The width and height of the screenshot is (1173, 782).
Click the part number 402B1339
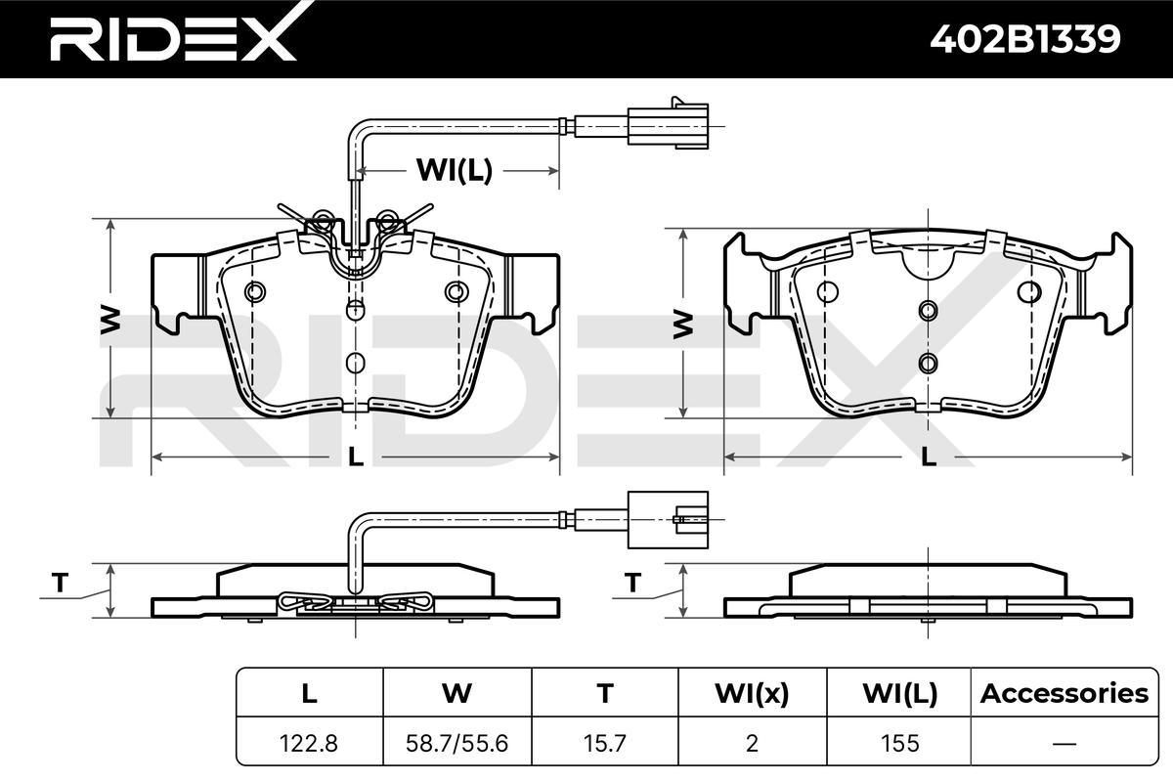1024,39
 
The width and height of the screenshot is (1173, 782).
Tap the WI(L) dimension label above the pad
455,170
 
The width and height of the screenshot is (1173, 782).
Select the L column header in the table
310,693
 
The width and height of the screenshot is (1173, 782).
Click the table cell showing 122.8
309,744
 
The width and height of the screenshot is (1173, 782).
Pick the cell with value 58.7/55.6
457,744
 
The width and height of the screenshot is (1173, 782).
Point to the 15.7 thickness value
605,744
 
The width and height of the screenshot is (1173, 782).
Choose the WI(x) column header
752,693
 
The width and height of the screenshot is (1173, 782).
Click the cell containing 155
900,744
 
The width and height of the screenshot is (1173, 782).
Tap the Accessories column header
1064,693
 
